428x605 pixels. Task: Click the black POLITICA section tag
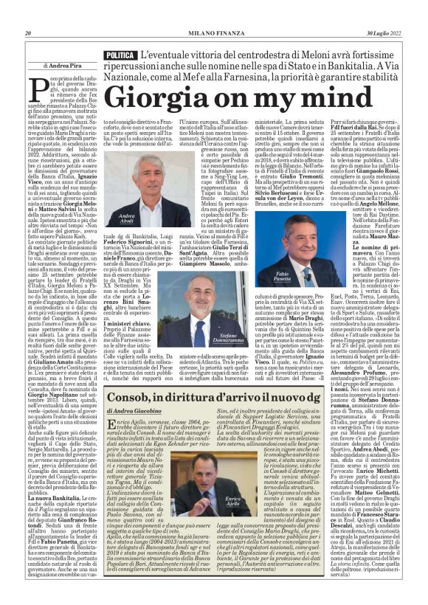click(x=120, y=55)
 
